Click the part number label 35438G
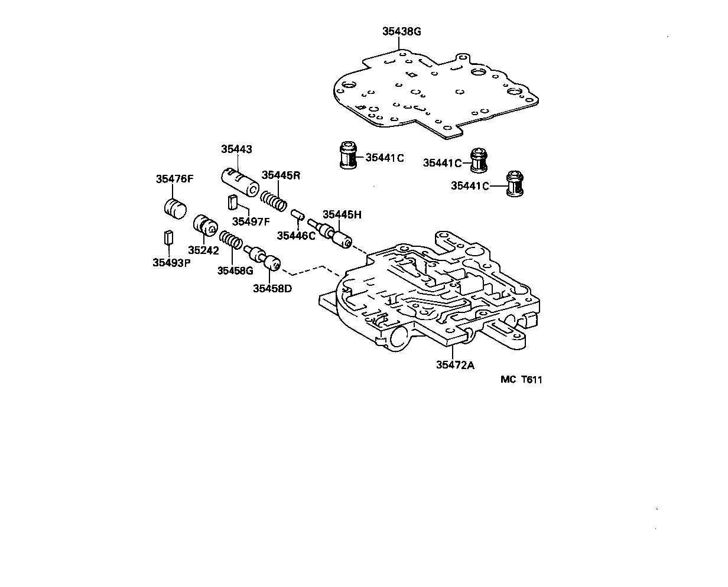coord(401,31)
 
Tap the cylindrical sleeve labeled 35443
coord(240,181)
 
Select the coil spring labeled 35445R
coord(275,200)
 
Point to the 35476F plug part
coord(174,208)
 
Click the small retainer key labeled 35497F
coord(232,203)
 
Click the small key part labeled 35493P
coord(169,237)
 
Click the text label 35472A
coord(455,365)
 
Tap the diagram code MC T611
coord(521,380)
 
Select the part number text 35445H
coord(341,215)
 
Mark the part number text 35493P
coord(171,263)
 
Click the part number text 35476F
coord(175,179)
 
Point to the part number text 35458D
coord(272,288)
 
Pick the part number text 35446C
coord(297,236)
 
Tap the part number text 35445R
coord(281,175)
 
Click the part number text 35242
coord(204,250)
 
